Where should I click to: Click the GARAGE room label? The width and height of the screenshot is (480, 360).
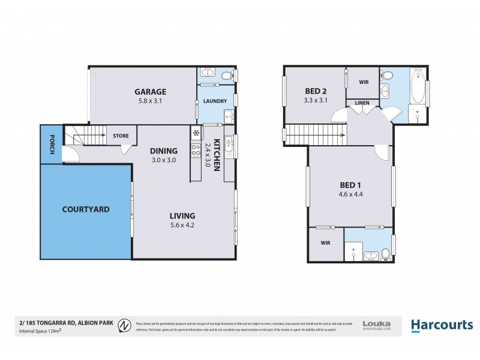point(149,91)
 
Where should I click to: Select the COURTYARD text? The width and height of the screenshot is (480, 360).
point(86,209)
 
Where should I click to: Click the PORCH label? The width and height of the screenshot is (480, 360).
point(52,143)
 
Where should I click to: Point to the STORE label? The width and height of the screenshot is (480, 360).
point(121,136)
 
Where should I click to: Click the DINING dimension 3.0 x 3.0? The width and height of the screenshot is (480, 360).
point(163,160)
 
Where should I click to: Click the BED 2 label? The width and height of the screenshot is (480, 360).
point(315,91)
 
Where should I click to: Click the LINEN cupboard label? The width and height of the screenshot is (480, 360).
point(362,103)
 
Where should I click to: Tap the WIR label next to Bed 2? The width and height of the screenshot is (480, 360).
point(364,82)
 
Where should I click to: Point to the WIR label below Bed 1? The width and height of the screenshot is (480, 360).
point(325,244)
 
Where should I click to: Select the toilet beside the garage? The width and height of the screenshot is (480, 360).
point(226,75)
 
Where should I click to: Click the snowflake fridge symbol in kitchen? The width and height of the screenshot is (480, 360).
point(196,133)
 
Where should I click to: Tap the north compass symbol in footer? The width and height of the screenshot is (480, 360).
point(125,325)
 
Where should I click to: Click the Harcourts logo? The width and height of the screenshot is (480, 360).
point(442,325)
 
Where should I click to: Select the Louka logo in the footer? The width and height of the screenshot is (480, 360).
point(377,325)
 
